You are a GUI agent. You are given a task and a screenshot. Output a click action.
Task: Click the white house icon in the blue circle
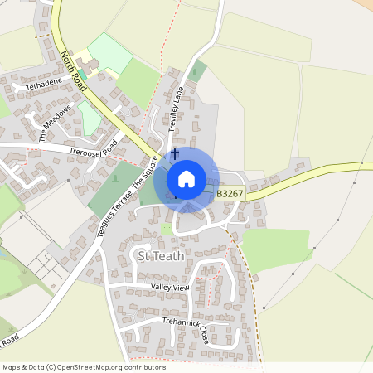click(186, 179)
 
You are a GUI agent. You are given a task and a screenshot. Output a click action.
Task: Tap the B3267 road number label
click(230, 194)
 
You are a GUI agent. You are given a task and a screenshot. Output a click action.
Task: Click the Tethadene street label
click(44, 85)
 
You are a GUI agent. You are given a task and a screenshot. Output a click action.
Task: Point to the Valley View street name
click(171, 287)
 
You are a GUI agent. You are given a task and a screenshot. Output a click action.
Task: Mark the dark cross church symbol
click(175, 154)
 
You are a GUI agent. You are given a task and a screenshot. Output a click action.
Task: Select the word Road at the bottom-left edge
click(10, 342)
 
